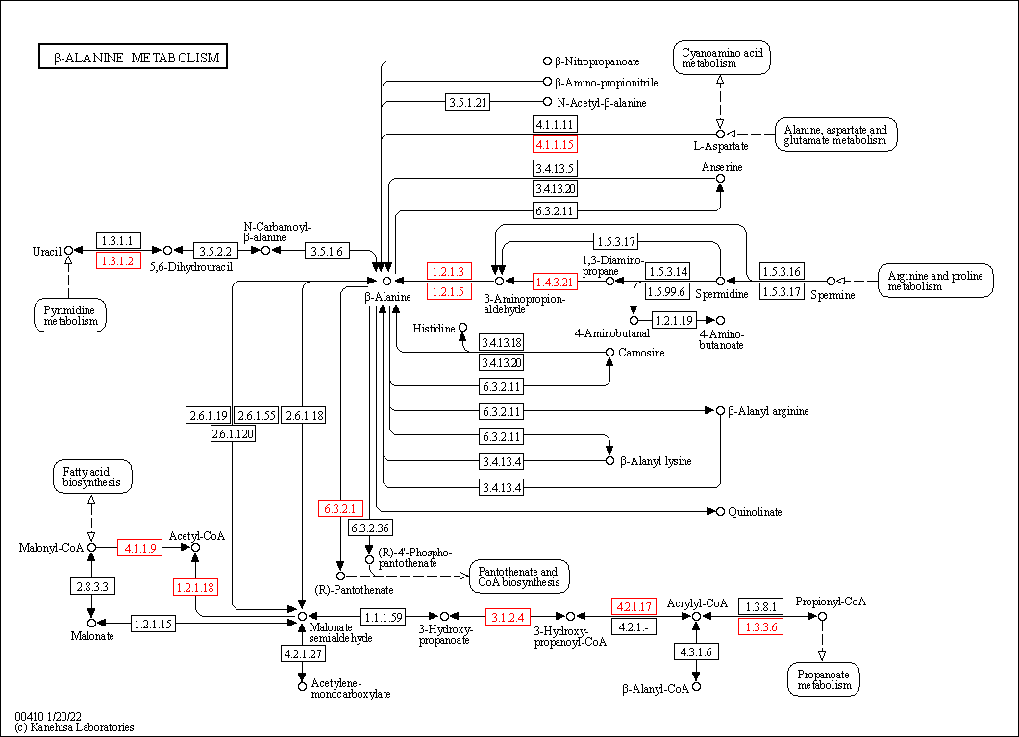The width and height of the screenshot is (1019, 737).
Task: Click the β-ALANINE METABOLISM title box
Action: coord(132,58)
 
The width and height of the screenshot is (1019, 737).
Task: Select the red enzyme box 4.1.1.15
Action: coord(555,145)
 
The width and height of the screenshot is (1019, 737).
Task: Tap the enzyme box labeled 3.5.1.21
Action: coord(468,102)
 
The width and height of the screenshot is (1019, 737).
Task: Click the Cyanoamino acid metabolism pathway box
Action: coord(722,58)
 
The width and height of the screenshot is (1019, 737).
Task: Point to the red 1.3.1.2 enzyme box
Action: coord(119,260)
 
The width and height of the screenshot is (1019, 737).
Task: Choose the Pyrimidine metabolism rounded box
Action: coord(70,315)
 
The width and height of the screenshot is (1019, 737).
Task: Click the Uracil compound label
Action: coord(46,252)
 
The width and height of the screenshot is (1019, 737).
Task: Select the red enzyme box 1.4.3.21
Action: coord(555,282)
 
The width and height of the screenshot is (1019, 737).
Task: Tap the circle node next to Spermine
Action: coord(832,282)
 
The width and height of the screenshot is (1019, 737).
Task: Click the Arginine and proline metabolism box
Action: coord(934,281)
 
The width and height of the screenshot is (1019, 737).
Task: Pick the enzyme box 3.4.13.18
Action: coord(502,343)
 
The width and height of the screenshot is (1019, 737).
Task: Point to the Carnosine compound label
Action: coord(641,353)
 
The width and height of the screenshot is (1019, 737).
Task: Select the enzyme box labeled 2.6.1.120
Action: coord(234,434)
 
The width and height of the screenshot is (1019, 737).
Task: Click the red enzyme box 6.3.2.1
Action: coord(340,508)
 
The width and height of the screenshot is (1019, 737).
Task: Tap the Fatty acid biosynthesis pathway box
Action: coord(92,477)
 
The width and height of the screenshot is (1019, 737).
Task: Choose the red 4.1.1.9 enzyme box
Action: coord(140,548)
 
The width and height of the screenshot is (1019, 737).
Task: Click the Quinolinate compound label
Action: coord(755,512)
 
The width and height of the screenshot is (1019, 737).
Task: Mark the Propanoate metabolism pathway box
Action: coord(823,678)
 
